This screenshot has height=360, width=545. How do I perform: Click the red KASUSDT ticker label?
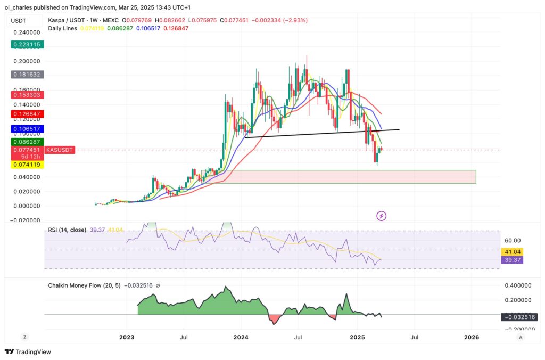[x=60, y=150]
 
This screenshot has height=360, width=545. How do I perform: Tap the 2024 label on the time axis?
[x=241, y=337]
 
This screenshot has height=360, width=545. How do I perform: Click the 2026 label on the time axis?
[x=472, y=337]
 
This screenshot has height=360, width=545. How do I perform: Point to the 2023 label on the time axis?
[x=127, y=337]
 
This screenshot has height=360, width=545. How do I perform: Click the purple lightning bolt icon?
[x=381, y=216]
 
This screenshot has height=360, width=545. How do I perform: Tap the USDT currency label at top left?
[x=19, y=20]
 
